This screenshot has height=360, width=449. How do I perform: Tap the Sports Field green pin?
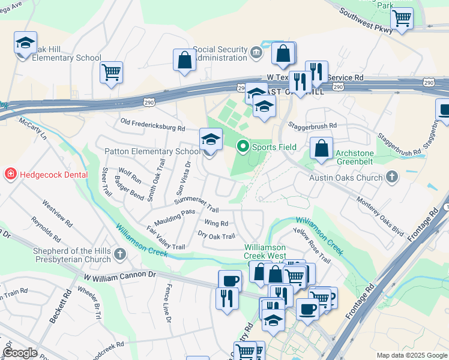tap(243, 146)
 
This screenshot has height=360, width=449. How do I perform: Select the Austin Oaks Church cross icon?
tap(392, 177)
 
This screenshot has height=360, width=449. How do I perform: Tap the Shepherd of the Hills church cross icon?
tap(120, 255)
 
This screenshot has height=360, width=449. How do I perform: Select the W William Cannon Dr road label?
tap(119, 277)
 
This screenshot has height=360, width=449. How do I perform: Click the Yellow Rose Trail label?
tap(312, 246)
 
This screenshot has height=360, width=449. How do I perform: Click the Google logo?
tap(20, 353)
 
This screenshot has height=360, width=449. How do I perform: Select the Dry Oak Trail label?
tap(216, 236)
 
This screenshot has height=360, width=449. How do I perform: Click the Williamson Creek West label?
tap(265, 252)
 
